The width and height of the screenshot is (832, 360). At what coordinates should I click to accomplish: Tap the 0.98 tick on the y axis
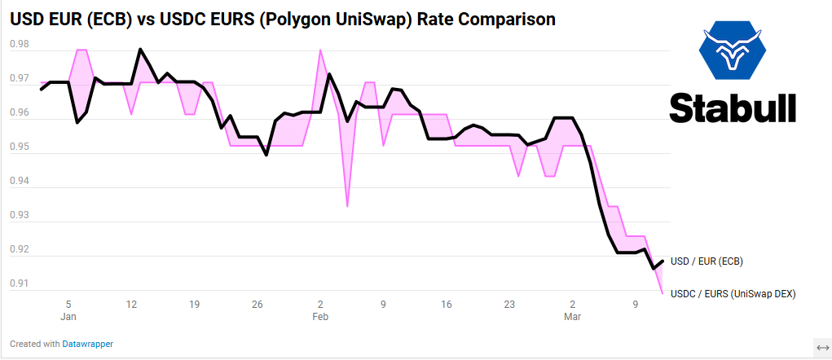point(19,45)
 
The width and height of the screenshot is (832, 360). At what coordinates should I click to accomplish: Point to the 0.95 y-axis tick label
point(19,147)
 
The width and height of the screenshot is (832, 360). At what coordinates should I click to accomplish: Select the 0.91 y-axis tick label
point(19,284)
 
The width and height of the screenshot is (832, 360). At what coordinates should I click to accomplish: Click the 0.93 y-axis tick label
point(19,216)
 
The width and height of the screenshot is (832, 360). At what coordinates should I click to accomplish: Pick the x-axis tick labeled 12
point(131,305)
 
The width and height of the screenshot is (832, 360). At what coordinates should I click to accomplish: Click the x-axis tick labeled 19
point(194,305)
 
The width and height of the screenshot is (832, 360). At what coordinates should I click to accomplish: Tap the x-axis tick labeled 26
point(258,305)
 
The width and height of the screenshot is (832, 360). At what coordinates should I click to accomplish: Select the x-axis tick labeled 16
point(446,305)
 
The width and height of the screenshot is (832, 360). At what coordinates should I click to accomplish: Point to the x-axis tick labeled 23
point(509,305)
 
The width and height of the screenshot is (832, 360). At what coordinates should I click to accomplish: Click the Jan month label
point(68,317)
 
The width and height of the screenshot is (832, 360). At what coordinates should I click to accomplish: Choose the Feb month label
point(320,317)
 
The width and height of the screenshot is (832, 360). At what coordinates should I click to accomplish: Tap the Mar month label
point(572,317)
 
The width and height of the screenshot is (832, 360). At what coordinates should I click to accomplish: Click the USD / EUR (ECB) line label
point(707,261)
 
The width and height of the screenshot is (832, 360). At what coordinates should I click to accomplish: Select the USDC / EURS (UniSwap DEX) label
point(732,293)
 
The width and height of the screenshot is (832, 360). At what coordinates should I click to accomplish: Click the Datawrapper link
point(88,344)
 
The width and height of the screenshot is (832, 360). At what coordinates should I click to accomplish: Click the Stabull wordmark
point(733,108)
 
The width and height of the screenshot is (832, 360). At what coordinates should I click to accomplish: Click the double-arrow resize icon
point(822,345)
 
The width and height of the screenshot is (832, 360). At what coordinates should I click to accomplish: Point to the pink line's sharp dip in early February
point(347,206)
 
